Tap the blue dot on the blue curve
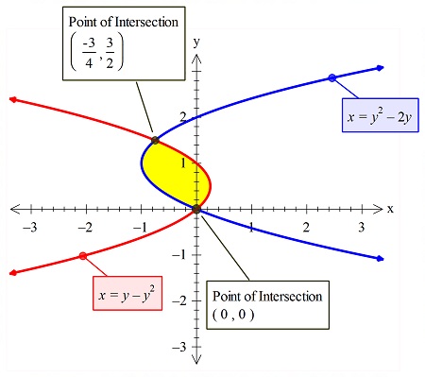[x=331, y=77]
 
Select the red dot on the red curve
[x=83, y=256]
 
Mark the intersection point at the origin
[x=196, y=209]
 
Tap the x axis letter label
[x=389, y=207]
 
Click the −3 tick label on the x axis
[x=29, y=227]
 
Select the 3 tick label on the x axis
[x=361, y=227]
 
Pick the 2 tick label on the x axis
[x=306, y=227]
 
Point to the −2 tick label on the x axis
[x=84, y=227]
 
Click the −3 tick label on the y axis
[x=183, y=347]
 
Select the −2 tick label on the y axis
[x=183, y=300]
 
